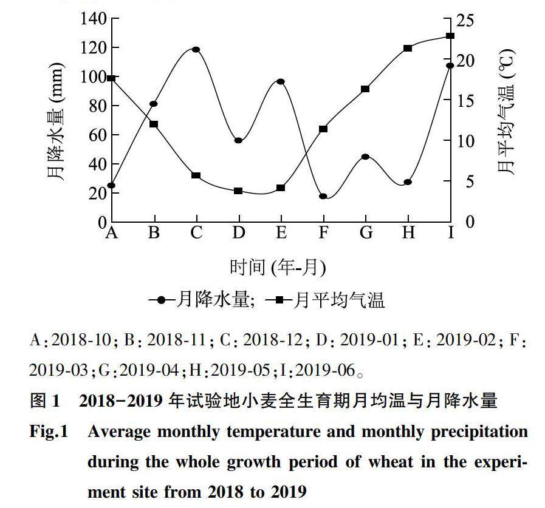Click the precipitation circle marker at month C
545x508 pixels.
click(x=196, y=50)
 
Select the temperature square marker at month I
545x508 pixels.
click(x=450, y=36)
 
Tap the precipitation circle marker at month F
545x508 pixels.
click(x=323, y=197)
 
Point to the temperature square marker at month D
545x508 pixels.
click(x=238, y=191)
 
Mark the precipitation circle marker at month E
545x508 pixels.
click(x=281, y=81)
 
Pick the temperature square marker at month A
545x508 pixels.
click(x=111, y=78)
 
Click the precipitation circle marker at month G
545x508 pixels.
click(x=365, y=157)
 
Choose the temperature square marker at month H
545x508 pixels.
click(x=408, y=49)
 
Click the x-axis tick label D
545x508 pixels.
click(x=238, y=232)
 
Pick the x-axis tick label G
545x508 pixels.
click(x=365, y=232)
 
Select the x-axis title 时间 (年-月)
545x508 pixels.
click(x=278, y=266)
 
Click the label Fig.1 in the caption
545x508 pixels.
click(x=49, y=432)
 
